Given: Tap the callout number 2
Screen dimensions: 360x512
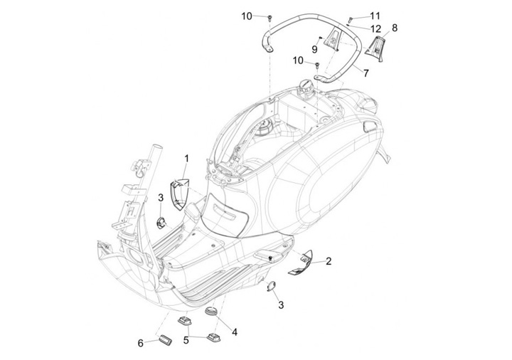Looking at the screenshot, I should click(x=329, y=261).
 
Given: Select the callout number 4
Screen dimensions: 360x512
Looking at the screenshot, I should click(x=234, y=332).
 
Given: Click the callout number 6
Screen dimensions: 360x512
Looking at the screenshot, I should click(x=141, y=343).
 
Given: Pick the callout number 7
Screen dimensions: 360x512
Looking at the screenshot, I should click(x=366, y=73).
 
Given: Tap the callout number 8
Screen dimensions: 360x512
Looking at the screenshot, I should click(x=395, y=28).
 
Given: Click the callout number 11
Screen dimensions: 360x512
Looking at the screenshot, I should click(x=375, y=15).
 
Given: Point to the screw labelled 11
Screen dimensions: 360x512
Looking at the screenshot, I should click(x=351, y=18).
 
